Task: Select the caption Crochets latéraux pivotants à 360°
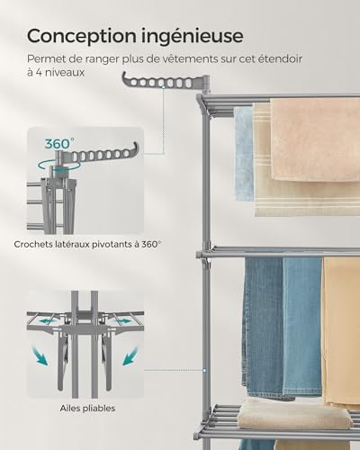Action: tap(88, 243)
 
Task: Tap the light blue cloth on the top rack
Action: tap(243, 153)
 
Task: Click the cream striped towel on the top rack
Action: tap(262, 162)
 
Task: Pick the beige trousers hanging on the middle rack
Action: tap(340, 333)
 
